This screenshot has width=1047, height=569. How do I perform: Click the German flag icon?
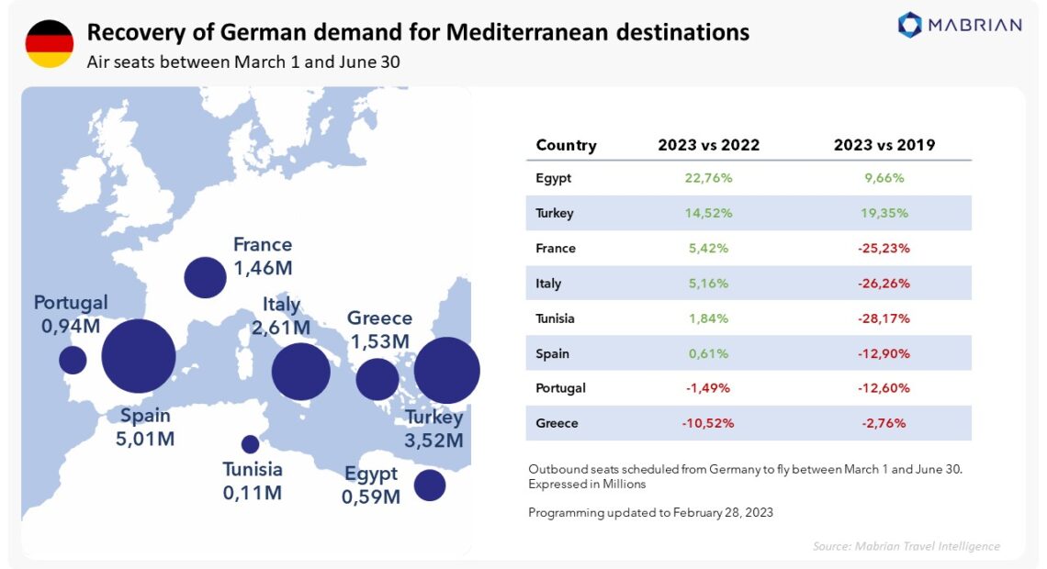point(49,43)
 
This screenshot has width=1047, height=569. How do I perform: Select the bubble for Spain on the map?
point(138,356)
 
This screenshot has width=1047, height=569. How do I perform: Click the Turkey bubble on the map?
point(447,371)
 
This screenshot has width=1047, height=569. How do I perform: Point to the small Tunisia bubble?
point(250,444)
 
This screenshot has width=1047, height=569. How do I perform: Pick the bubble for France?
point(205,277)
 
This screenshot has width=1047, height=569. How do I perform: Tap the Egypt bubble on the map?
point(429,485)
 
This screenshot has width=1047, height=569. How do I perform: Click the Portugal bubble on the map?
point(73,360)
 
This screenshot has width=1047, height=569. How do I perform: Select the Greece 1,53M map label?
point(379,329)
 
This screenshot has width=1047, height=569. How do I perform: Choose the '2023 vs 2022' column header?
point(708,145)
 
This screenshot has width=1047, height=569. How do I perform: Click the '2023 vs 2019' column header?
point(884,145)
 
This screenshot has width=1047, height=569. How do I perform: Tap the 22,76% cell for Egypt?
point(708,178)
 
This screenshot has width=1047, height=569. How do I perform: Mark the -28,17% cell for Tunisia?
point(884,318)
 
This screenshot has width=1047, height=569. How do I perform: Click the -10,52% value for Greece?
point(708,423)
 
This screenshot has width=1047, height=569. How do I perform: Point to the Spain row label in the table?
point(552,353)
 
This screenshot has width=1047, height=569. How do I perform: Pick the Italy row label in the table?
point(548,284)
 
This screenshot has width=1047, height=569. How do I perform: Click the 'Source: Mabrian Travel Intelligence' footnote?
point(906,546)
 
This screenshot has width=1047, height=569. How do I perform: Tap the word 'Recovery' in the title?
point(128,33)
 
